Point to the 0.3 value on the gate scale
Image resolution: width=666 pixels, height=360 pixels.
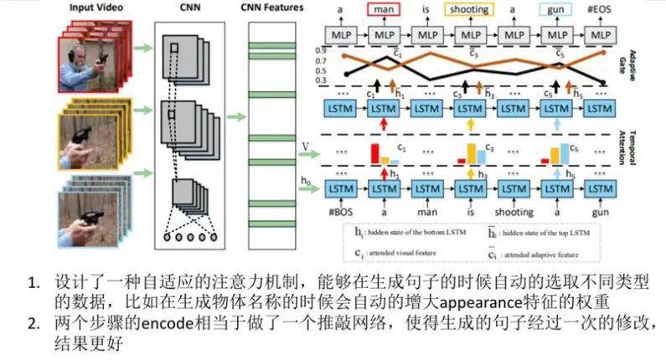(x=319, y=80)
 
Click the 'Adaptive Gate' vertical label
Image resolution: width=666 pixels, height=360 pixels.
(x=632, y=62)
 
